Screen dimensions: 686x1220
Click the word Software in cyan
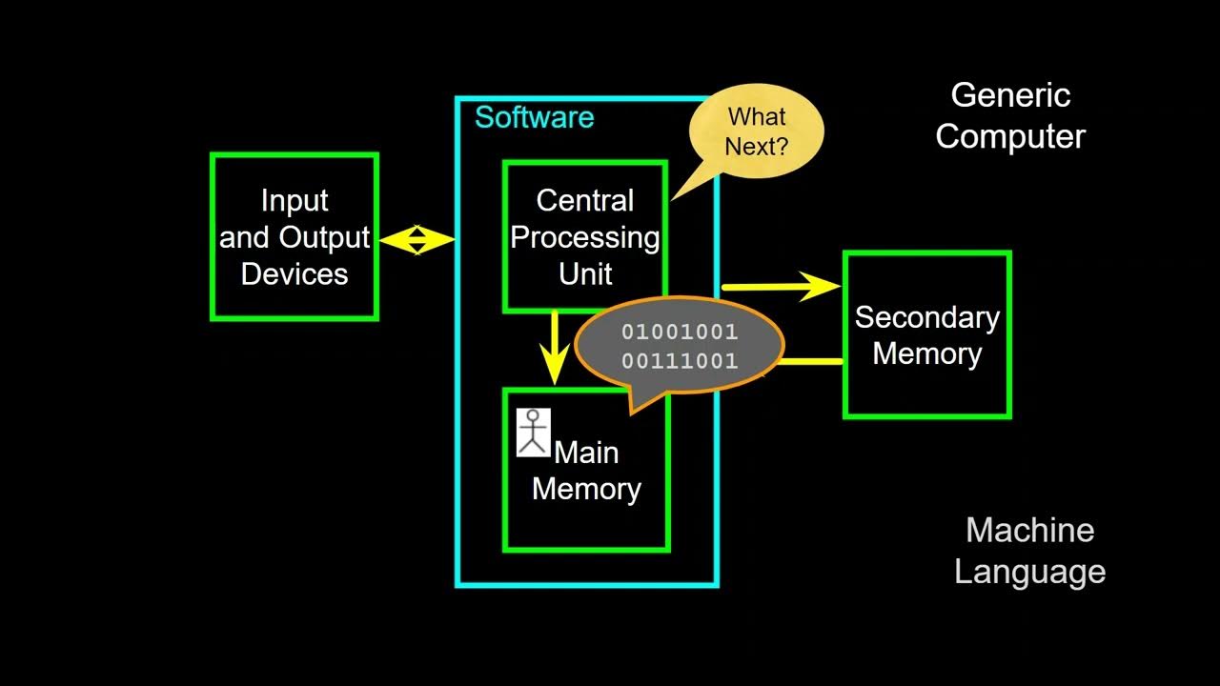[534, 117]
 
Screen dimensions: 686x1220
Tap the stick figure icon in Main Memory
[534, 433]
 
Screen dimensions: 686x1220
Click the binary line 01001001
[680, 333]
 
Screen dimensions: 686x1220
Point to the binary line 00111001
[680, 361]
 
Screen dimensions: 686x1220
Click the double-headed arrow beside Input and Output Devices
[417, 239]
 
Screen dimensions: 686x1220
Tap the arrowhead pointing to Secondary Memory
[822, 286]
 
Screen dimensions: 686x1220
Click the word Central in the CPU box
[584, 201]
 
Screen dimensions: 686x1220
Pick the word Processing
[584, 237]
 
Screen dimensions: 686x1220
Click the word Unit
[584, 274]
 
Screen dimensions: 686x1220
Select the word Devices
[295, 274]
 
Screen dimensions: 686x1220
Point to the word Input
[295, 201]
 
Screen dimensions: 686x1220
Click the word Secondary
[926, 317]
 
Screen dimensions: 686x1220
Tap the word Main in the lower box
[586, 453]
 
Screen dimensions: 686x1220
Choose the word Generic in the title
[1010, 95]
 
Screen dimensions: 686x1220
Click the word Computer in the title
[1010, 136]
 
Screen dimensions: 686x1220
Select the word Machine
[1029, 531]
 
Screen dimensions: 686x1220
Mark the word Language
[1029, 572]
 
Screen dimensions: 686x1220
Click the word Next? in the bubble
[756, 147]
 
